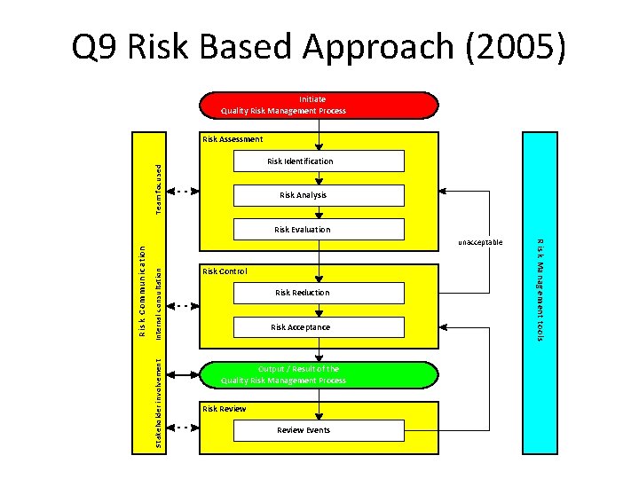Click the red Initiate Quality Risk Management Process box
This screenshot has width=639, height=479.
tap(318, 105)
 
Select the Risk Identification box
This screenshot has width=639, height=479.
tap(318, 161)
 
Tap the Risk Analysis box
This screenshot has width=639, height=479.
tap(318, 195)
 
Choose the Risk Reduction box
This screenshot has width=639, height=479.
tap(318, 293)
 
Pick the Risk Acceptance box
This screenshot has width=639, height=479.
tap(318, 327)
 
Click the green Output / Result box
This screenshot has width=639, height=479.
tap(318, 374)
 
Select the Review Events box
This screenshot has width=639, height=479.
tap(318, 430)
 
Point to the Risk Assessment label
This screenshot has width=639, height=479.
tap(233, 139)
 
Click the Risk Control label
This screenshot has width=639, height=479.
tap(225, 271)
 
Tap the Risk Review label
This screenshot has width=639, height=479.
tap(224, 409)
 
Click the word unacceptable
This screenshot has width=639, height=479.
tap(480, 242)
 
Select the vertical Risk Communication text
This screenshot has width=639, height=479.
tap(141, 291)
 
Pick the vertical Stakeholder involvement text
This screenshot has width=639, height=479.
tap(158, 402)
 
